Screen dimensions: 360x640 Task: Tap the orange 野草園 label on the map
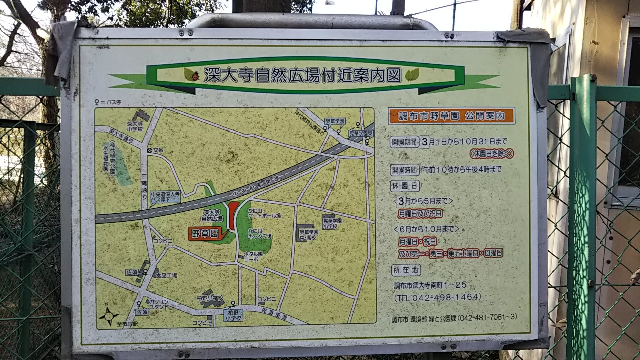pos(204,234)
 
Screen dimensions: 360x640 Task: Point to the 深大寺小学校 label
pos(135,126)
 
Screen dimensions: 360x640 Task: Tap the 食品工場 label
pos(166,275)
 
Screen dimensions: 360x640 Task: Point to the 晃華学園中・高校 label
pos(308,235)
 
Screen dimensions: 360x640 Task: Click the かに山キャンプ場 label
pos(260,234)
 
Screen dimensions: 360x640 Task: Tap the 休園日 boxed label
pos(404,186)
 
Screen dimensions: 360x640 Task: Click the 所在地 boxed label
pos(405,270)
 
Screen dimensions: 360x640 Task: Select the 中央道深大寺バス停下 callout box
pos(165,196)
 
